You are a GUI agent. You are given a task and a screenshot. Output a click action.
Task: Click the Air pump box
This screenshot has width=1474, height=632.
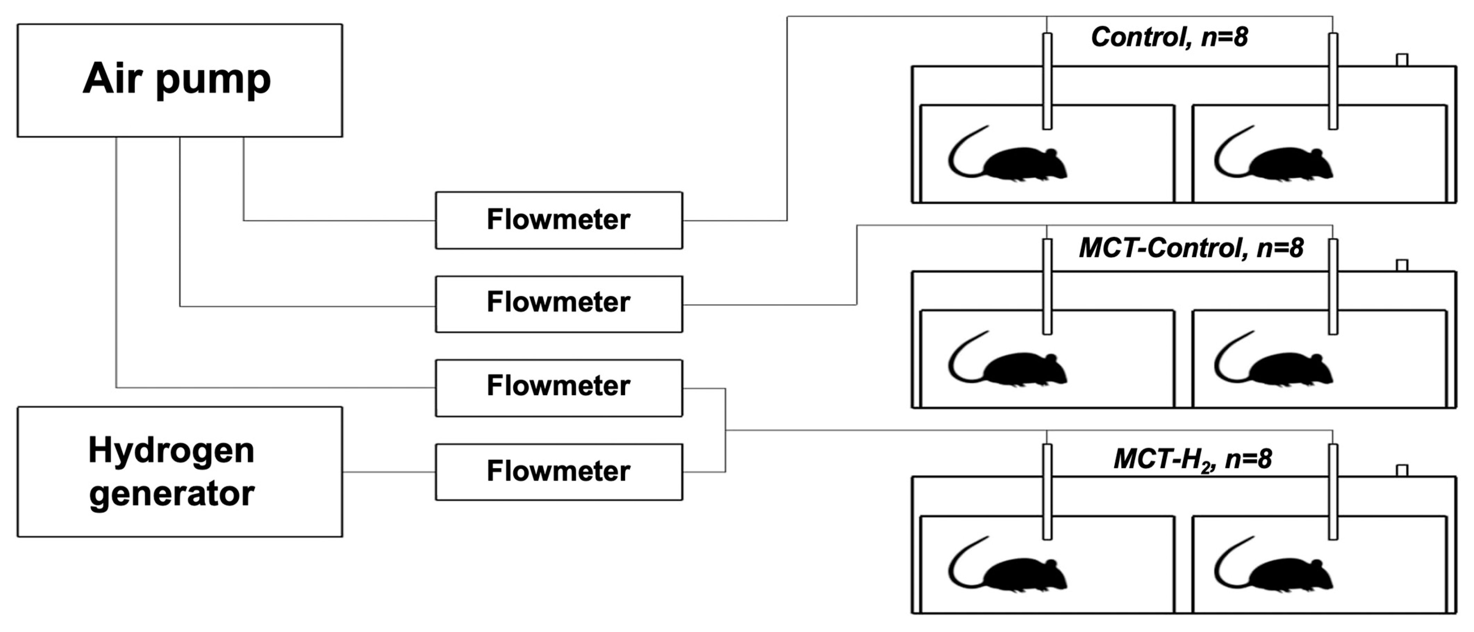tap(180, 80)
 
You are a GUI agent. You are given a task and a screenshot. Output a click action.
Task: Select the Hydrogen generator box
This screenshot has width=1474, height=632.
tap(180, 472)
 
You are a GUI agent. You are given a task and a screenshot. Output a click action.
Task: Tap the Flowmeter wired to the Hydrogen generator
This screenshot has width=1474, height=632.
tap(558, 472)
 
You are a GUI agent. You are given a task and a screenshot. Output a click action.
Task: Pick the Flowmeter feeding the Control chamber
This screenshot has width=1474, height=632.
tap(558, 220)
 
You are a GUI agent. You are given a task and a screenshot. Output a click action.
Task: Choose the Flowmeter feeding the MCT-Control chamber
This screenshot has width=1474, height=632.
tap(558, 303)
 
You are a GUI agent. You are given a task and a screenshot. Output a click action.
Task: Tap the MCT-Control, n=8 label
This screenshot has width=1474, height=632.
tap(1191, 248)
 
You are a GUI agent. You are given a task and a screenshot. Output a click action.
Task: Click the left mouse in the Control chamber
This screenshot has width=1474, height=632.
tap(1024, 164)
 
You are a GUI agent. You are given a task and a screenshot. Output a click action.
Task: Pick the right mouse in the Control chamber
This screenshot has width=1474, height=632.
tap(1290, 164)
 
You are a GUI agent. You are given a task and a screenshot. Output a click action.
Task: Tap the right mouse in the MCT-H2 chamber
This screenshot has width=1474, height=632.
tap(1290, 574)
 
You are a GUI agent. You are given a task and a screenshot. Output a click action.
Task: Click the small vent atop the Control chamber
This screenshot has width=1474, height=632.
tap(1402, 59)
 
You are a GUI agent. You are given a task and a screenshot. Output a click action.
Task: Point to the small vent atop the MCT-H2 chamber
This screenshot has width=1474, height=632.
tap(1402, 470)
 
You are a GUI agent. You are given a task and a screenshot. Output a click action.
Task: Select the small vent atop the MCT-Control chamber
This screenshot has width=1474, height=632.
tap(1402, 265)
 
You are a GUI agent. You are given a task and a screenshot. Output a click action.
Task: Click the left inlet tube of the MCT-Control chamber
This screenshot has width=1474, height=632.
tap(1047, 286)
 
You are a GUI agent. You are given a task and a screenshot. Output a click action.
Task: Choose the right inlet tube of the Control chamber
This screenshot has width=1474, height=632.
tap(1333, 80)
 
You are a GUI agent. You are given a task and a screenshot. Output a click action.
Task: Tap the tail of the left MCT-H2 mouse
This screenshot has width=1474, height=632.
tap(959, 567)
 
